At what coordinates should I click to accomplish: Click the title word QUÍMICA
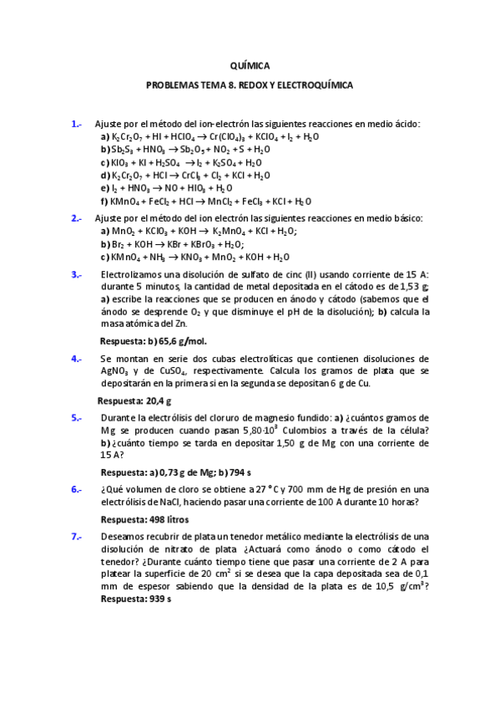click(x=250, y=65)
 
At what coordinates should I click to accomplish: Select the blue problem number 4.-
click(x=76, y=359)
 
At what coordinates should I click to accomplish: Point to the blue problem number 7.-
click(x=76, y=535)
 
